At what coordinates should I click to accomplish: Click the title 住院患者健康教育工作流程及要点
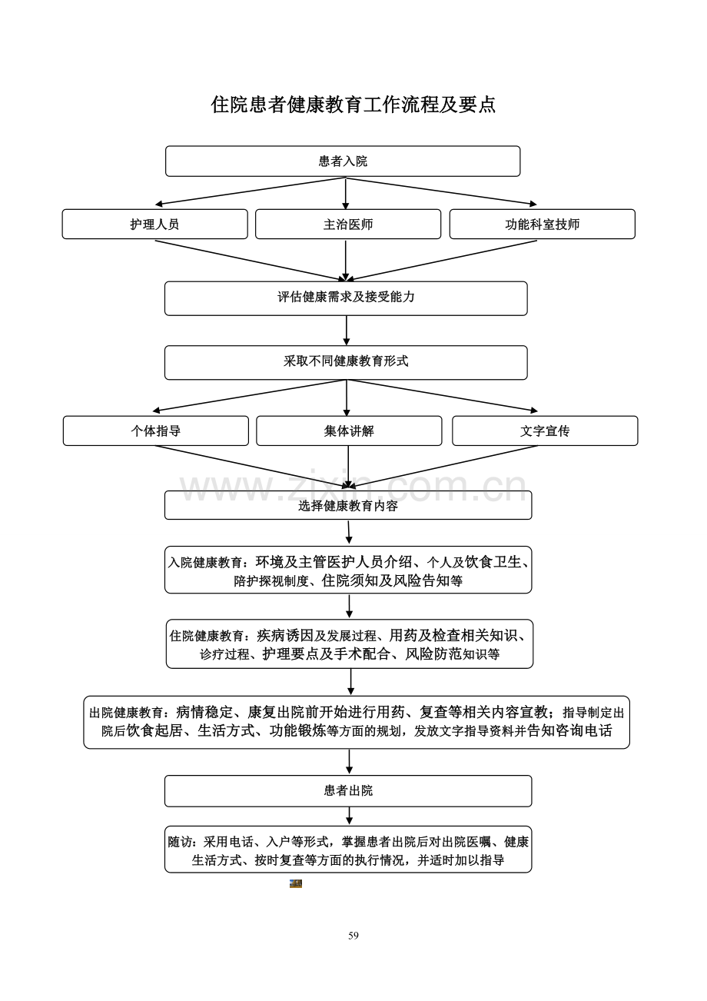353,105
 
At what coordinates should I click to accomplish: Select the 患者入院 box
343,161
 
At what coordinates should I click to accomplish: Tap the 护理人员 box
154,224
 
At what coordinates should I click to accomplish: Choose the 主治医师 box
348,224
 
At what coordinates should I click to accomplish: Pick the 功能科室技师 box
543,224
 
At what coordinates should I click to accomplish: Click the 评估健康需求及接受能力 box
346,298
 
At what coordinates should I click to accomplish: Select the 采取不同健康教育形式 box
346,362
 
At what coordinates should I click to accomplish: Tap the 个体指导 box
155,431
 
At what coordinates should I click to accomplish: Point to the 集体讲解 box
349,431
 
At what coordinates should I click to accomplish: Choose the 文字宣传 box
545,431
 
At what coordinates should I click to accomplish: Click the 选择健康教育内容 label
348,506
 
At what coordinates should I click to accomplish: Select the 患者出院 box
348,790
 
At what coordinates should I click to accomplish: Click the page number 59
353,936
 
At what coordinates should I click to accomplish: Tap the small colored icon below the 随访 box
296,883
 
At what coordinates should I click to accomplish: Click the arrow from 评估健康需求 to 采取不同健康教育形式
347,331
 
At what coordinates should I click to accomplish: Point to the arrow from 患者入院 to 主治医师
346,193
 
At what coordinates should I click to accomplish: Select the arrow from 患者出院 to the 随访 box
349,816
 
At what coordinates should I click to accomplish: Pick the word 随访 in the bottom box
180,842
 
